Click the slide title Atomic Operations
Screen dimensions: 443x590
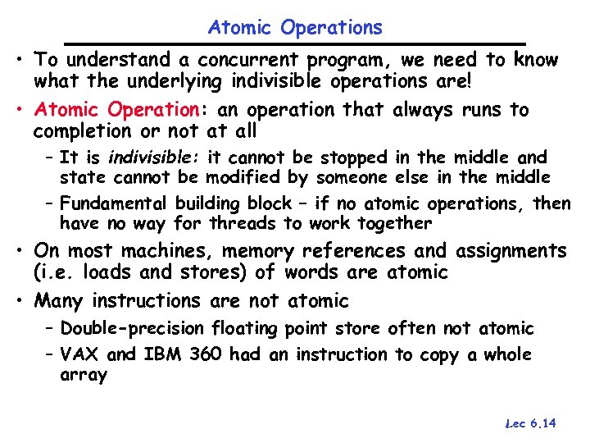(295, 28)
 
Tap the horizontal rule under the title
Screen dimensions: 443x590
(295, 43)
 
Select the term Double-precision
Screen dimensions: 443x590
(132, 329)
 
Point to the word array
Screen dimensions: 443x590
(84, 376)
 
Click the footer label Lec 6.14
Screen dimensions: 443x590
(531, 423)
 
